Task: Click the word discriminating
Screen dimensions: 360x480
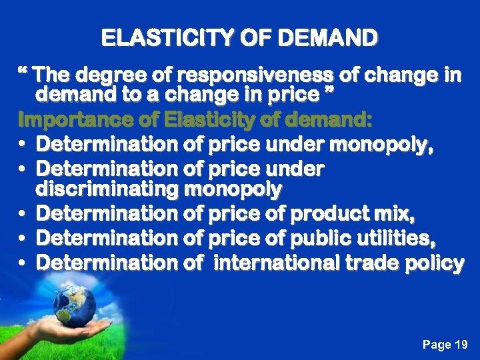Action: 107,189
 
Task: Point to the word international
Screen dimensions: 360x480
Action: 276,263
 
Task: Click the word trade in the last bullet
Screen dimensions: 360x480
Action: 373,263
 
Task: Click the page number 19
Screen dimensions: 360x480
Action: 461,345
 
